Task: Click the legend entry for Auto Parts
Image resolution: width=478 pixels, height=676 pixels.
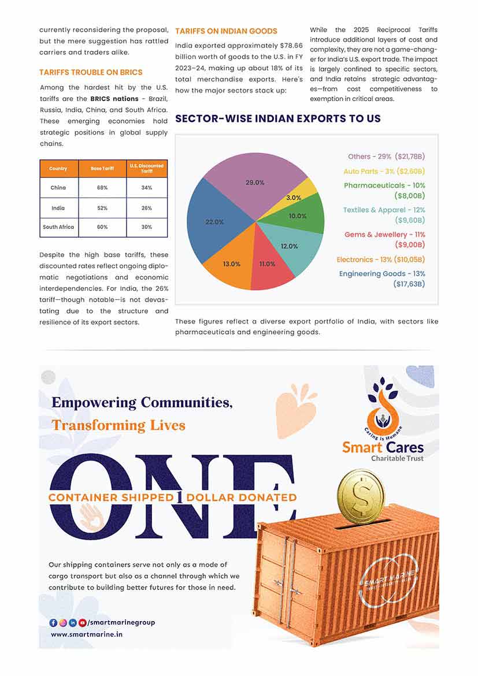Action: tap(384, 171)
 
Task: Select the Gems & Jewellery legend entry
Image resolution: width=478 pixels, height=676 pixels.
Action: tap(384, 235)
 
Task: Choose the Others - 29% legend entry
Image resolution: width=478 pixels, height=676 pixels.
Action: tap(386, 157)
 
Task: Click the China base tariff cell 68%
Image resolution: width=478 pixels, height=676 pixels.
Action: tap(102, 188)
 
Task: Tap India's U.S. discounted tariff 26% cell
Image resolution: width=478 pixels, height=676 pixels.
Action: tap(147, 208)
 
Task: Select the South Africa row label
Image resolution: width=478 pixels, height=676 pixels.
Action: tap(58, 227)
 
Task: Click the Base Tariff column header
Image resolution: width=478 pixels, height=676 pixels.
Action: tap(102, 168)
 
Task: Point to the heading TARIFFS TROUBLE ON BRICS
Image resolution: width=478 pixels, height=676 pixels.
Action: tap(91, 72)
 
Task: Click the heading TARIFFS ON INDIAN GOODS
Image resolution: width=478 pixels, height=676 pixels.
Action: tap(226, 31)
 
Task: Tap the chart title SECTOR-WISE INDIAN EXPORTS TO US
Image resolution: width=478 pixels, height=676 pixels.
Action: tap(277, 118)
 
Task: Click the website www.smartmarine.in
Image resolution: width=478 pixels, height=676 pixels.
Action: tap(86, 634)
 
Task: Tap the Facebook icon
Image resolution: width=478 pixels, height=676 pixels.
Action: tap(53, 622)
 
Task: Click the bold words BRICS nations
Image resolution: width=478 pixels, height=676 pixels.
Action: tap(114, 98)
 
